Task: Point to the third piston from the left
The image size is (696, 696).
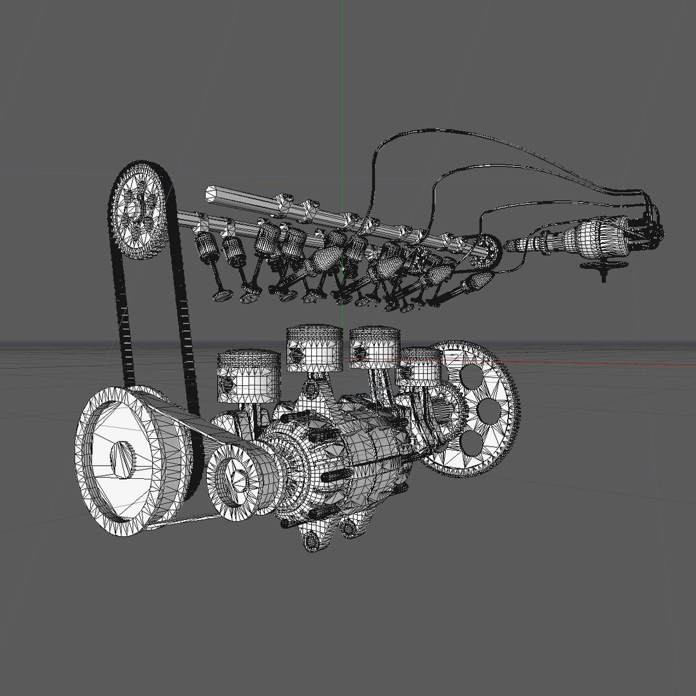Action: [x=375, y=348]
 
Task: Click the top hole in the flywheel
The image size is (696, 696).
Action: [x=471, y=375]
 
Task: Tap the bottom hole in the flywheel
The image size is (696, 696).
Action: [x=471, y=442]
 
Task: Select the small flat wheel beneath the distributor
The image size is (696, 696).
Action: [x=604, y=266]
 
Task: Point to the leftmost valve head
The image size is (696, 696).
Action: [x=223, y=295]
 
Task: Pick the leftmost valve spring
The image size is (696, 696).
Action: [x=208, y=248]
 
